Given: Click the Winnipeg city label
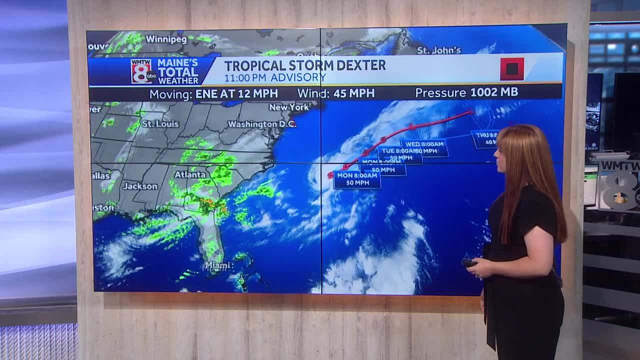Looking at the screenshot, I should click(166, 39).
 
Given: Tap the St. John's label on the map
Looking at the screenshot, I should click(438, 50).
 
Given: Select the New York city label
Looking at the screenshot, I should click(288, 107).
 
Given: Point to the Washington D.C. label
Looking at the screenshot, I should click(262, 124).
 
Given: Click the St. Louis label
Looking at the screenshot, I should click(160, 123).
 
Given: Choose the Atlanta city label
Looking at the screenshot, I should click(189, 174).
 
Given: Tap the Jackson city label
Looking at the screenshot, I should click(140, 186).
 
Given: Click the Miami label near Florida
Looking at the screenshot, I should click(216, 265).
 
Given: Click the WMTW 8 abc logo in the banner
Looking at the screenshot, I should click(141, 71).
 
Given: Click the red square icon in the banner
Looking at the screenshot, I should click(511, 69).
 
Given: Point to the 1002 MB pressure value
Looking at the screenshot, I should click(494, 92).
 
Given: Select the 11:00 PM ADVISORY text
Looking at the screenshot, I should click(274, 77).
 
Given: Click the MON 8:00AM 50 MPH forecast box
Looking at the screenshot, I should click(357, 179).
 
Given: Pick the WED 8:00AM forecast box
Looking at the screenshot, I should click(424, 147).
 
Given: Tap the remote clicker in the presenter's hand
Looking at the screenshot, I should click(468, 262).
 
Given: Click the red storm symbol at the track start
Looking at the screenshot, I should click(330, 175).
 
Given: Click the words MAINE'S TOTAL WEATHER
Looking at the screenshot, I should click(178, 71).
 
